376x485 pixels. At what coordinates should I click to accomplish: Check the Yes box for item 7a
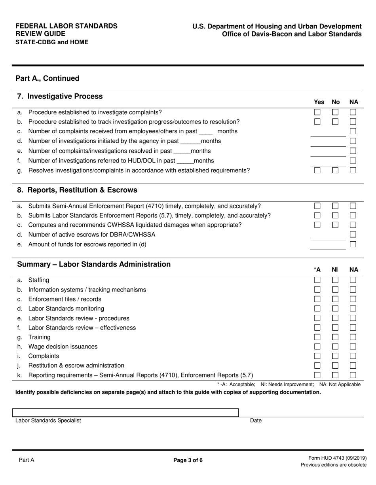pyautogui.click(x=317, y=112)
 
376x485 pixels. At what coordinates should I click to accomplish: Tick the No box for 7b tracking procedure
pyautogui.click(x=335, y=122)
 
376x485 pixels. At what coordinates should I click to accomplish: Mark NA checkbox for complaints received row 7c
pyautogui.click(x=353, y=131)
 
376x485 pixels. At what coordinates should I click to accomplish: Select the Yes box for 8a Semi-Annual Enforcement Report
pyautogui.click(x=317, y=206)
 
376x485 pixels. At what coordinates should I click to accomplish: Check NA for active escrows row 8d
pyautogui.click(x=353, y=235)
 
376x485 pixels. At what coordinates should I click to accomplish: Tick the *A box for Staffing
pyautogui.click(x=317, y=280)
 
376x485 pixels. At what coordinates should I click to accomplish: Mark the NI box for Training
pyautogui.click(x=335, y=337)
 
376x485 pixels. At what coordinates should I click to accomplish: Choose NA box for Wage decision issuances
pyautogui.click(x=353, y=347)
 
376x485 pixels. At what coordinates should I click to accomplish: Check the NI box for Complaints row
pyautogui.click(x=335, y=356)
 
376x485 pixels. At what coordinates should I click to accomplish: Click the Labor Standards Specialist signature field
pyautogui.click(x=125, y=413)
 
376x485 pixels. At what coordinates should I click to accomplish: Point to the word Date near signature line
pyautogui.click(x=256, y=421)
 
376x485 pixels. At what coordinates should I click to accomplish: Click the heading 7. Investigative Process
pyautogui.click(x=60, y=97)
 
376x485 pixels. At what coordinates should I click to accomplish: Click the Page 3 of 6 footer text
pyautogui.click(x=188, y=460)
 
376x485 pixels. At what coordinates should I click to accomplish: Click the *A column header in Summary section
pyautogui.click(x=317, y=270)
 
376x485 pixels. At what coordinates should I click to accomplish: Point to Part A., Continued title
pyautogui.click(x=47, y=78)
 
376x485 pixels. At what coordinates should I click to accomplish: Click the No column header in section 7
pyautogui.click(x=336, y=102)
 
